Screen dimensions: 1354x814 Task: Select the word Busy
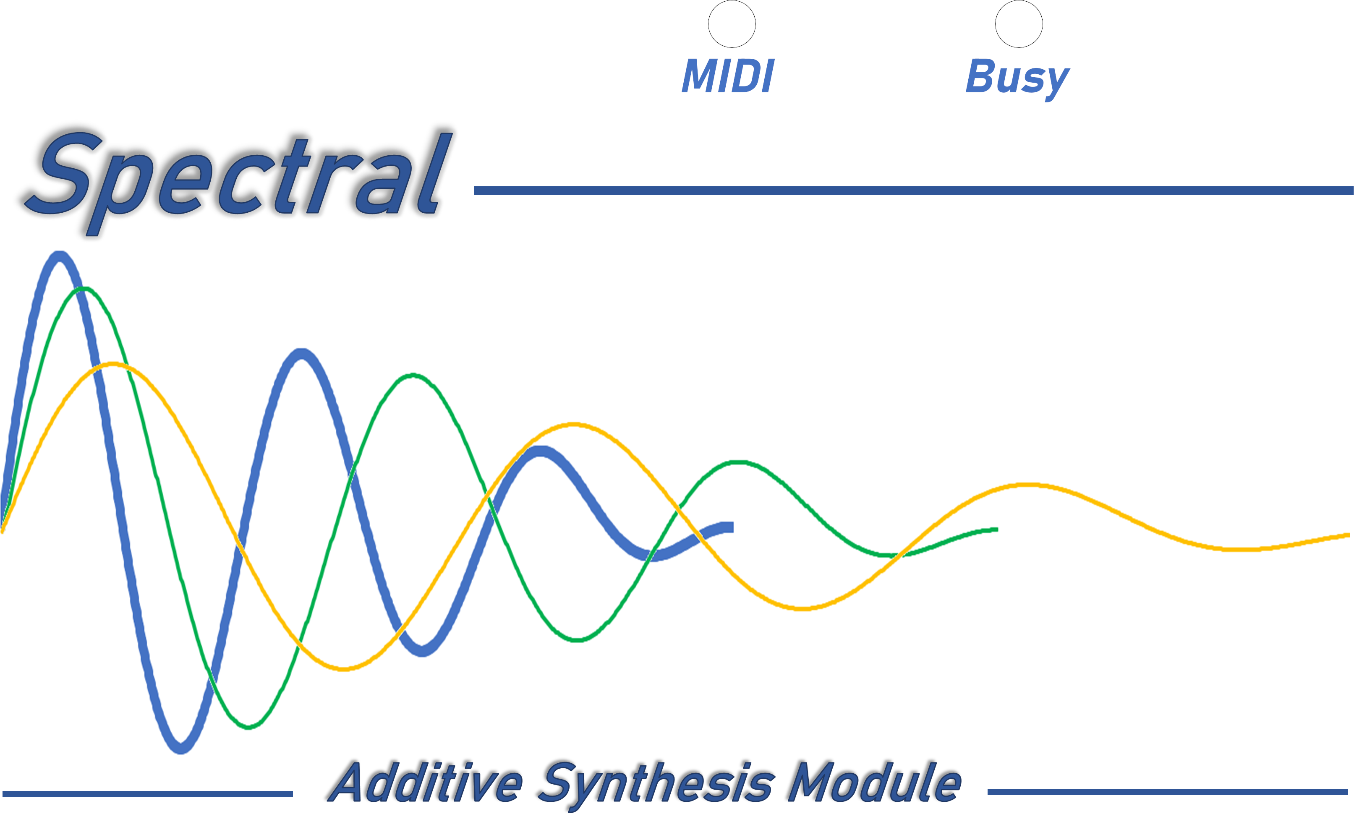coord(1018,80)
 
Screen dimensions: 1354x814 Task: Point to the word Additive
coord(427,782)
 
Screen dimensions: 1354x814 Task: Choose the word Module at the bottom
coord(875,782)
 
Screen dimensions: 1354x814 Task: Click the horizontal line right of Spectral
coord(913,190)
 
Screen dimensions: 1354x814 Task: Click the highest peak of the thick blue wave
coord(59,256)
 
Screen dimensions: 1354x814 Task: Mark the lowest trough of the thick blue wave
coord(181,749)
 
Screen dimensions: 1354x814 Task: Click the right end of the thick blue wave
coord(732,527)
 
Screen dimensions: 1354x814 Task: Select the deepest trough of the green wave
coord(248,727)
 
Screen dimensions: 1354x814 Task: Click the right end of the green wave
coord(997,530)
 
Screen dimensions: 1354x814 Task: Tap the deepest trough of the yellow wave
coord(343,669)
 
